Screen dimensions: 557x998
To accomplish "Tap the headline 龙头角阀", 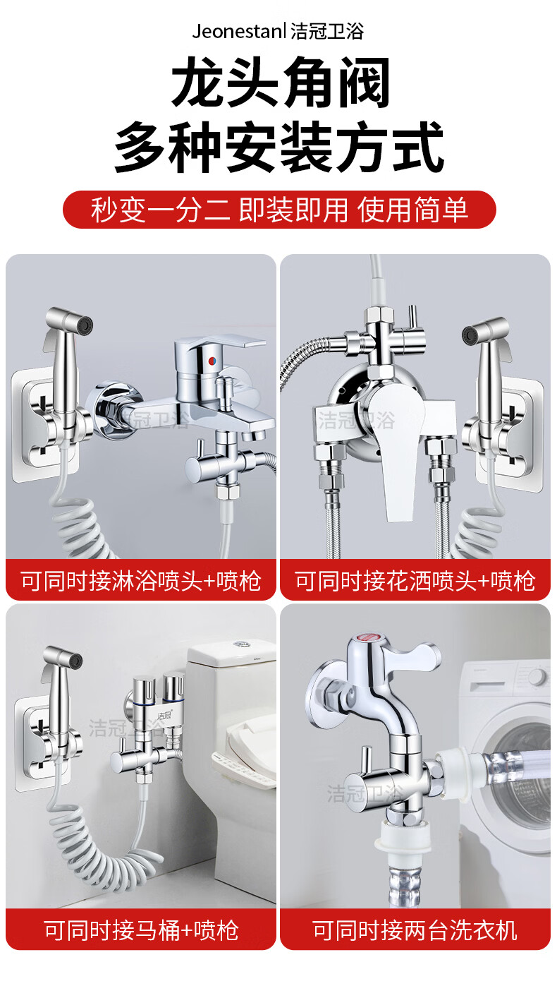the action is click(x=281, y=83).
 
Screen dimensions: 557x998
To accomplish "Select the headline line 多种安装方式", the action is click(x=279, y=147).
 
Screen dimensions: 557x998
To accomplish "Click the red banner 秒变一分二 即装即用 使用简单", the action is click(x=279, y=210).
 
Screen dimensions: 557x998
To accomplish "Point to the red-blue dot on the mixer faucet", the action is click(x=213, y=361).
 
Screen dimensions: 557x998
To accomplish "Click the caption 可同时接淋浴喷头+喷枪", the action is click(x=141, y=581).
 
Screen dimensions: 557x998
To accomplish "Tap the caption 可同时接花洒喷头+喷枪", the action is click(x=415, y=581).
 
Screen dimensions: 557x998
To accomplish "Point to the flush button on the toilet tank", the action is click(x=241, y=644).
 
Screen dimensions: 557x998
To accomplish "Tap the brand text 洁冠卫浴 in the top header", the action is click(x=328, y=32).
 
